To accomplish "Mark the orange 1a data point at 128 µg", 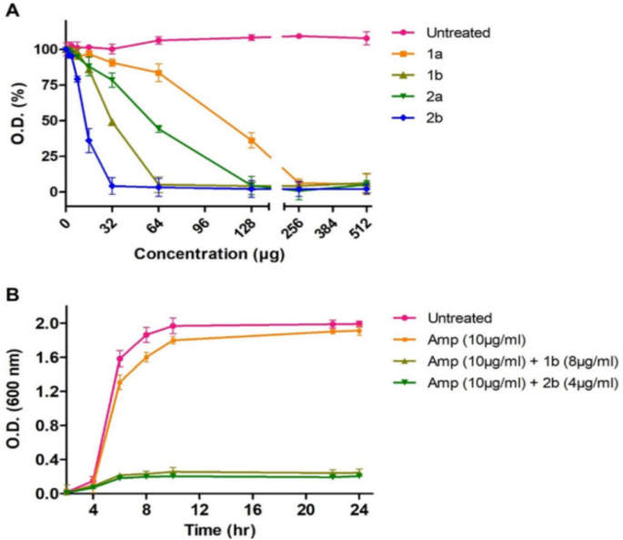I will pyautogui.click(x=251, y=140).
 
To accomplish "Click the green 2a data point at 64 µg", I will pyautogui.click(x=158, y=128).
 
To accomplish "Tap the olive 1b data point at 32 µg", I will pyautogui.click(x=112, y=122).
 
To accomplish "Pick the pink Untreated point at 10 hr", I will pyautogui.click(x=173, y=326).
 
